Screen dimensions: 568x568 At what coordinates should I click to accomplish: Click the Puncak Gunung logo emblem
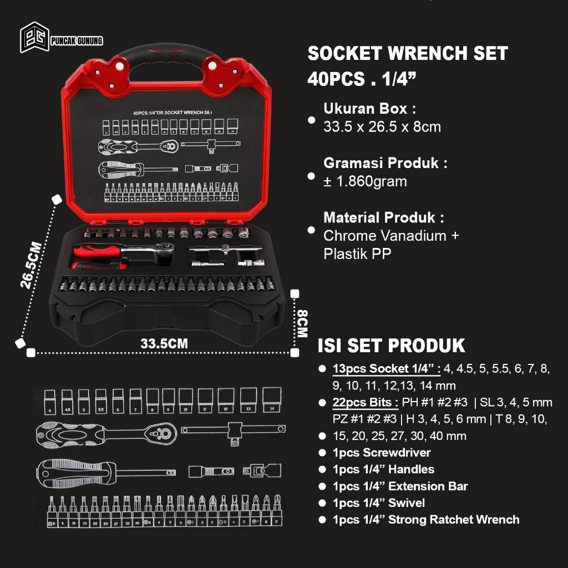(x=33, y=37)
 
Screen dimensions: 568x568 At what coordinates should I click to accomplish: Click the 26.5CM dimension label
(x=31, y=265)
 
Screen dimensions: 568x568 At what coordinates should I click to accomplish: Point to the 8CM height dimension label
(x=302, y=323)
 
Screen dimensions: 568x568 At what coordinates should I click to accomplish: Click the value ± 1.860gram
(x=365, y=181)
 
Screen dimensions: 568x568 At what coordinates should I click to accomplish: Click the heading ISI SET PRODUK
(x=391, y=345)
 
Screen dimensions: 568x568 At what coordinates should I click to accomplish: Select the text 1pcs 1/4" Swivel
(x=379, y=503)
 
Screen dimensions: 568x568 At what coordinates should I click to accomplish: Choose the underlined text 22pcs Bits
(x=364, y=402)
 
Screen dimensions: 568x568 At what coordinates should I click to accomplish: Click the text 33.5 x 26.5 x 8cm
(x=382, y=127)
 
